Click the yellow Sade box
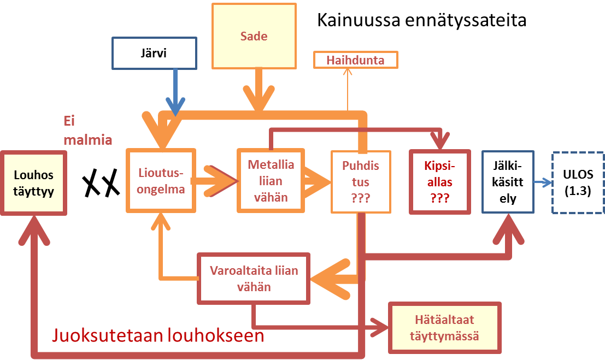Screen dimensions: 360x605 pyautogui.click(x=254, y=37)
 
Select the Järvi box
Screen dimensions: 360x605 pyautogui.click(x=154, y=53)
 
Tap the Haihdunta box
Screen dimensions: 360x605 pyautogui.click(x=355, y=60)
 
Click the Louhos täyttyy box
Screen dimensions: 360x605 pyautogui.click(x=34, y=184)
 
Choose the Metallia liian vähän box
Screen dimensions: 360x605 pyautogui.click(x=271, y=180)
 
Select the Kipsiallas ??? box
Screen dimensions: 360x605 pyautogui.click(x=440, y=181)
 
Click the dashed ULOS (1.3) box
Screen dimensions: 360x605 pyautogui.click(x=577, y=184)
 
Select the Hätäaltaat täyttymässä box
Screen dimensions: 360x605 pyautogui.click(x=444, y=326)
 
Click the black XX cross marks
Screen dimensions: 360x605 pyautogui.click(x=101, y=182)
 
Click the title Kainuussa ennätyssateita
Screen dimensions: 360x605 pyautogui.click(x=421, y=21)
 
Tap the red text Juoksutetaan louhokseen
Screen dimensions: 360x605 pyautogui.click(x=158, y=335)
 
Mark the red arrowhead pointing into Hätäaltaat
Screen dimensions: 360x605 pyautogui.click(x=380, y=327)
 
